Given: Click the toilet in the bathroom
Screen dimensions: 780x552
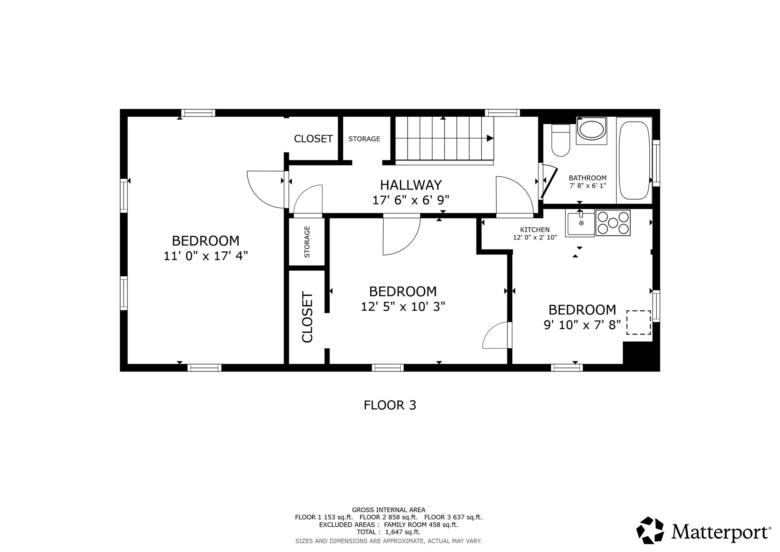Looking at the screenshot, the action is coord(561,140).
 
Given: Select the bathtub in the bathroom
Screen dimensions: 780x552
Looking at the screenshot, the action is coord(634,160).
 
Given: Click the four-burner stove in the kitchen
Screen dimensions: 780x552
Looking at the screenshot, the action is coord(613,223).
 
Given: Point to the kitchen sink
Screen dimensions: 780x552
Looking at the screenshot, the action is coord(580,223).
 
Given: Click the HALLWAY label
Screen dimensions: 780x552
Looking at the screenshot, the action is coord(411,185).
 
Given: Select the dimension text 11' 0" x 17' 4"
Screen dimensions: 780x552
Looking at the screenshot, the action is coord(206,256).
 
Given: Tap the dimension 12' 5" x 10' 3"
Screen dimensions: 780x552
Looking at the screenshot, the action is coord(403,307).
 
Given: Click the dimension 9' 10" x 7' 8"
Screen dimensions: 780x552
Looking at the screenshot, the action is coord(582,325).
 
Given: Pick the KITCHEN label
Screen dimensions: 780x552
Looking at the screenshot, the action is coord(535,230).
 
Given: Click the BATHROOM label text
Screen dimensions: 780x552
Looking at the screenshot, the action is coord(588,178).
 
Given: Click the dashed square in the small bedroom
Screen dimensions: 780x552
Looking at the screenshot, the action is coord(639,322).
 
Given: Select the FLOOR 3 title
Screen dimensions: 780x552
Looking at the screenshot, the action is coord(390,405).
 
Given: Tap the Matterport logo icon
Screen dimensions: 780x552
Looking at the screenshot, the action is coord(650,530).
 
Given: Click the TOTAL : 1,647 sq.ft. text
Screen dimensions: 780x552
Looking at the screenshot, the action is coord(389,532).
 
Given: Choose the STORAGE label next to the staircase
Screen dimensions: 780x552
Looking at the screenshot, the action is coord(364,139).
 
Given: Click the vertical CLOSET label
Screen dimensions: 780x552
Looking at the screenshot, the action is coord(307,317).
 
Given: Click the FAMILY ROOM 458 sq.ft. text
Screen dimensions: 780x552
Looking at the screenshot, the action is coord(421,525).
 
